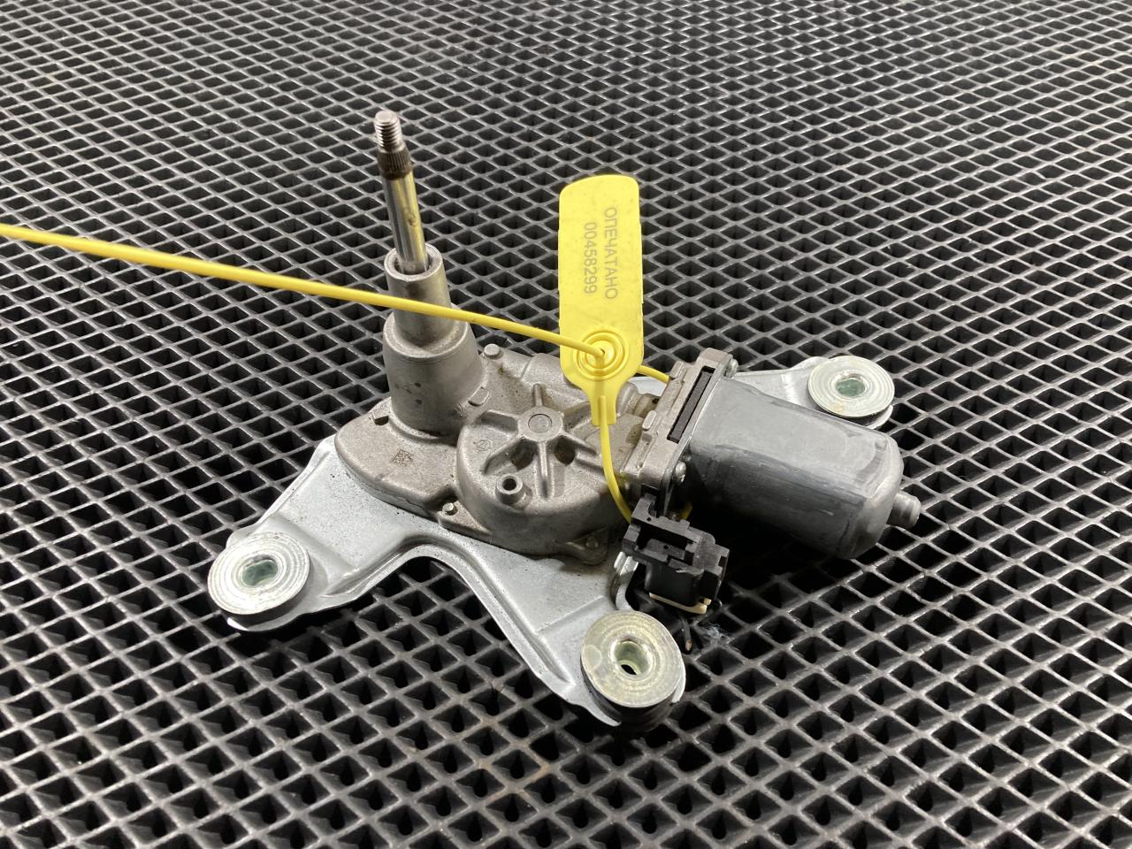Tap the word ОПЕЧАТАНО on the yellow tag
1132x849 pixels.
pos(609,253)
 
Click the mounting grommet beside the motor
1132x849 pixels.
pos(851,387)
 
